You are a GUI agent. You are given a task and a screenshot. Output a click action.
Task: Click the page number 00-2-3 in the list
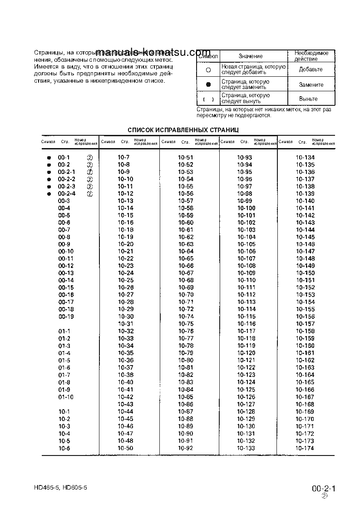pos(66,186)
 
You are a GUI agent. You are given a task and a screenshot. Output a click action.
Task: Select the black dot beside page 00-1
pos(48,158)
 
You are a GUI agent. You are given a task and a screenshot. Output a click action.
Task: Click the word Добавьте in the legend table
pos(311,69)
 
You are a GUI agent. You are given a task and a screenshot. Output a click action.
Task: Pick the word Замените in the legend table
pos(311,85)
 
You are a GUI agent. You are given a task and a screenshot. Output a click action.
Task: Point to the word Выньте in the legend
pos(308,99)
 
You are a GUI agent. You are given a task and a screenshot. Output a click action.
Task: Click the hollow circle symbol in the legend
pos(208,70)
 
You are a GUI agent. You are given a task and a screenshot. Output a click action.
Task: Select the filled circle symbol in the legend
pos(208,85)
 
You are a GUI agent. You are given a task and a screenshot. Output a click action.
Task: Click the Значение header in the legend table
pos(251,56)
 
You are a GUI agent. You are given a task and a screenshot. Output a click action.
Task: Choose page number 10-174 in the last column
pos(305,448)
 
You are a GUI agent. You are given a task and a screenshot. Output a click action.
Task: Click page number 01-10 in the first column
pos(66,397)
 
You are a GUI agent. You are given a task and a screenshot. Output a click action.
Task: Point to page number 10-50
pos(125,448)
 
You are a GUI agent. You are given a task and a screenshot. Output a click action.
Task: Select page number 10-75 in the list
pos(186,324)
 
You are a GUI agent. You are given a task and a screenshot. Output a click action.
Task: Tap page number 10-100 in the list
pos(246,208)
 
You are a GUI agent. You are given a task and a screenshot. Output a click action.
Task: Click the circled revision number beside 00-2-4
pos(90,194)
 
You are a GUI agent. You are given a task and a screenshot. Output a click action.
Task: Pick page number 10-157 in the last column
pos(305,324)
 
